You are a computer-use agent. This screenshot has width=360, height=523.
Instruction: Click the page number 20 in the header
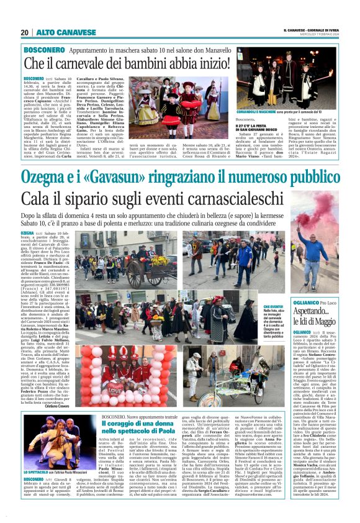tap(24, 32)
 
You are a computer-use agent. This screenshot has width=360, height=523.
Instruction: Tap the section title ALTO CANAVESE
tap(58, 32)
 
